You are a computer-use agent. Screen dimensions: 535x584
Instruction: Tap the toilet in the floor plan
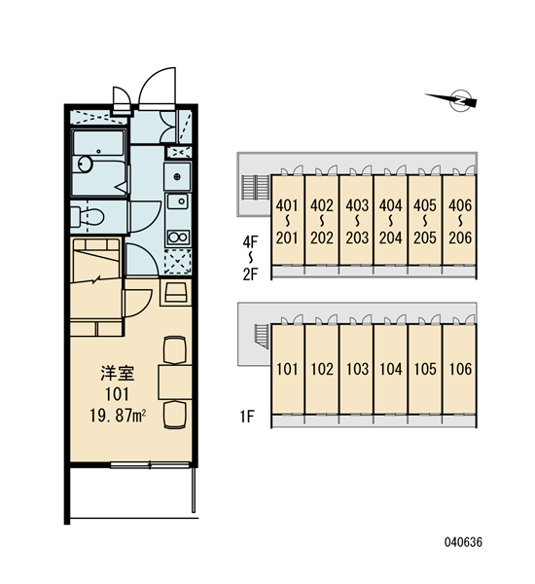coord(87,216)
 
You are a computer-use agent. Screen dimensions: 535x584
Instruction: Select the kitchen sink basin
coord(178,201)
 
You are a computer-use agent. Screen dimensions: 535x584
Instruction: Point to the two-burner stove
coord(178,237)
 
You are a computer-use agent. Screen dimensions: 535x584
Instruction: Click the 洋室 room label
coord(118,373)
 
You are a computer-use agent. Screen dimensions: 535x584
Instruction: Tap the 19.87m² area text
coord(118,415)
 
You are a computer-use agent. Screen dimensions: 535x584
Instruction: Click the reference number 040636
coord(463,542)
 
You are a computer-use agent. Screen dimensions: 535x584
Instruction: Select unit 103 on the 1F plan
coord(357,369)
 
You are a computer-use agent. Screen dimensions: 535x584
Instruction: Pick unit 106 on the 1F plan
coord(460,369)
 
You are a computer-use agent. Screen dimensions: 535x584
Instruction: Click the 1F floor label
coord(247,417)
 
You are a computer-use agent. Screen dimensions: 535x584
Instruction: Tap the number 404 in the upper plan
coord(391,205)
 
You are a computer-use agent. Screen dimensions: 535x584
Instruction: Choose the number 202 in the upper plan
coord(322,237)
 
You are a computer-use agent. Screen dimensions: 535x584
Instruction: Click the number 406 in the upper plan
coord(460,205)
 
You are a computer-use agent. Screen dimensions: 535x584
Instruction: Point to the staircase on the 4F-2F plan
coord(256,187)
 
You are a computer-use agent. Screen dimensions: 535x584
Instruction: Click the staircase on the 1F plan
coord(263,336)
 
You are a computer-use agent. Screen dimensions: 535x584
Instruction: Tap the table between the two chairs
coord(175,383)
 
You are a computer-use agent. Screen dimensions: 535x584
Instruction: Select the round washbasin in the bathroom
coord(86,164)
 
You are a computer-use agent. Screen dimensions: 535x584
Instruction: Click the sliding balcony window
coord(150,464)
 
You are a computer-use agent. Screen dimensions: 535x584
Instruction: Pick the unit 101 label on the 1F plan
coord(287,369)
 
